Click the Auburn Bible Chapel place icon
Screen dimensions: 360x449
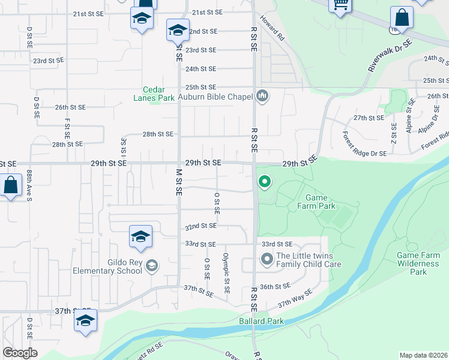point(262,96)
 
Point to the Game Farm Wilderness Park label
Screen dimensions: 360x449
point(418,263)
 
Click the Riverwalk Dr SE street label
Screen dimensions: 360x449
point(390,56)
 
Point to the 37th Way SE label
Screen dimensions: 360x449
point(296,299)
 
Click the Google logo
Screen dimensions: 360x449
point(20,353)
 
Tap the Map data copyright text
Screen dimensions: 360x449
point(423,355)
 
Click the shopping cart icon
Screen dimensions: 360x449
point(341,5)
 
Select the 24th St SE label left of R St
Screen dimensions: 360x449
point(200,69)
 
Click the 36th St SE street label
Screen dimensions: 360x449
point(276,286)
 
